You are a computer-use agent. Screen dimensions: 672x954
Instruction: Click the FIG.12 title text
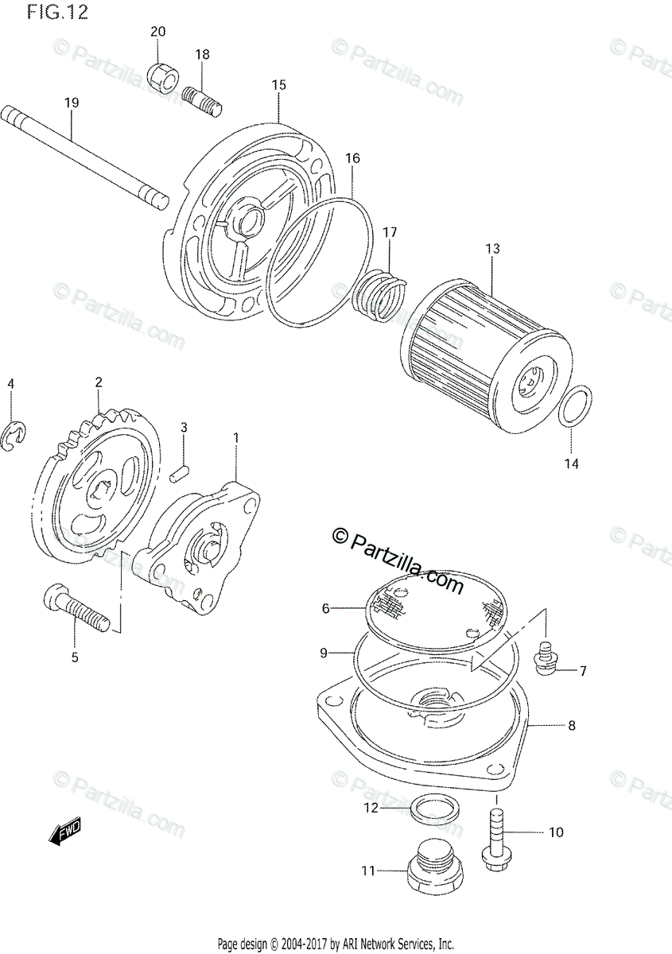(56, 13)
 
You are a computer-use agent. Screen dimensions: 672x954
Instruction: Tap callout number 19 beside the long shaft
(72, 103)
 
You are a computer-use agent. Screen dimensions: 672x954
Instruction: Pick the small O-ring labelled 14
(575, 406)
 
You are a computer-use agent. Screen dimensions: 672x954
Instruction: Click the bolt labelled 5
(76, 609)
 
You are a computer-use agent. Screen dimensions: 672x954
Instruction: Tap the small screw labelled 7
(546, 663)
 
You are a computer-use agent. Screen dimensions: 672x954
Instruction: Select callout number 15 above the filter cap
(278, 85)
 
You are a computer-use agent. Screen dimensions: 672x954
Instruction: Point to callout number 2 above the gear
(99, 382)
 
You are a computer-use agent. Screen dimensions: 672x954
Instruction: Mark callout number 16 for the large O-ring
(352, 158)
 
